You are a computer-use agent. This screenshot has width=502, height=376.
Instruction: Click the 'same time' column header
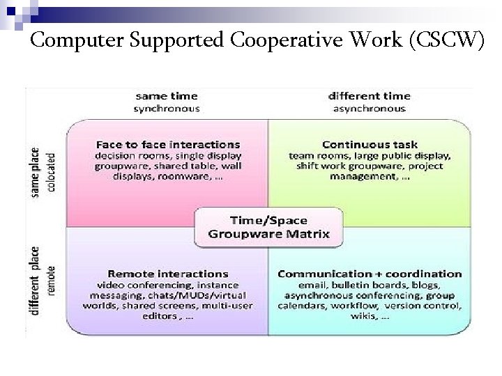click(x=166, y=96)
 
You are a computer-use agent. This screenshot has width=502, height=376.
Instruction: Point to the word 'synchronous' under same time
click(x=166, y=108)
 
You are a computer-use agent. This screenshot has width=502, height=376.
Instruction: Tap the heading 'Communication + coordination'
click(x=370, y=274)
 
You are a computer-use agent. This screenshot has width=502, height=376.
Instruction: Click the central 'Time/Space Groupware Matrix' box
click(x=268, y=226)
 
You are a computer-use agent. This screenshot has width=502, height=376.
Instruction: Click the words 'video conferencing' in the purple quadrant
click(x=135, y=285)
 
